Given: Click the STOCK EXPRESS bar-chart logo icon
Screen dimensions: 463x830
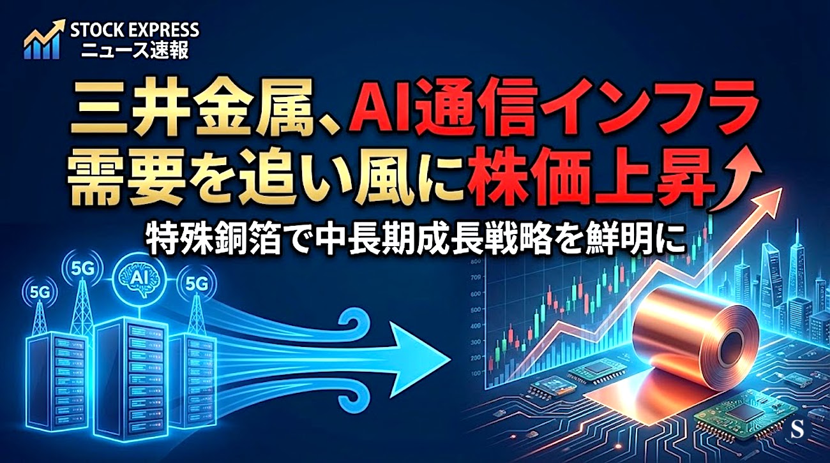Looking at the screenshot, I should (x=43, y=40).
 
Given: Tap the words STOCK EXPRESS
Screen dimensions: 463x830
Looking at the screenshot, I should (x=135, y=30).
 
